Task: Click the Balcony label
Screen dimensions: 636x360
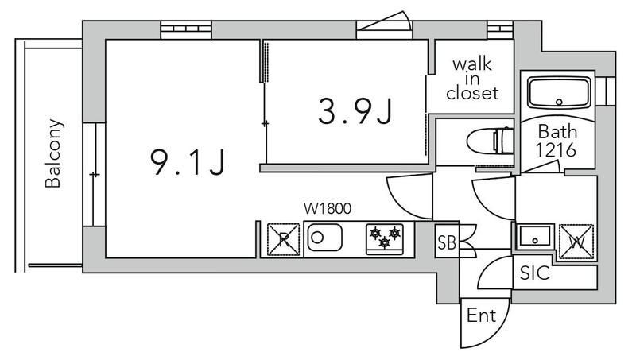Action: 53,153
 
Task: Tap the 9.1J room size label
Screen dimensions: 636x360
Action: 188,162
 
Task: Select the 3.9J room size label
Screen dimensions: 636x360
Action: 355,112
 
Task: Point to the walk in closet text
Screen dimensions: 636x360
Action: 472,79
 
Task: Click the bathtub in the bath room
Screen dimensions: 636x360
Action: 559,93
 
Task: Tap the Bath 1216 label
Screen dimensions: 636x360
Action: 556,141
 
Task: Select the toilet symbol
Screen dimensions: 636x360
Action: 491,141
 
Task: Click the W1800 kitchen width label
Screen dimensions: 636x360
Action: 328,209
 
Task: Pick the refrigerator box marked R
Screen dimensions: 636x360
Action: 284,239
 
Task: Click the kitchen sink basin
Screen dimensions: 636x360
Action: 324,238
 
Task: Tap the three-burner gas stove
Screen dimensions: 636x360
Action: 385,239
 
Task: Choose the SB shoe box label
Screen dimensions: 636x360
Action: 447,242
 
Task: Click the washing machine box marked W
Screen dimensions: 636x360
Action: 576,242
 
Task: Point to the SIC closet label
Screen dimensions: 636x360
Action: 535,273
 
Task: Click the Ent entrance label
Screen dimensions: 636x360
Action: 482,315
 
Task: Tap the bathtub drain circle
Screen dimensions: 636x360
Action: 560,102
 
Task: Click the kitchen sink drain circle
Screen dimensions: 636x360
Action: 317,238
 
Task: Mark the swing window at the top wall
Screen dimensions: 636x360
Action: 385,25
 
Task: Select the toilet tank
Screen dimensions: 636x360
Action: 504,141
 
